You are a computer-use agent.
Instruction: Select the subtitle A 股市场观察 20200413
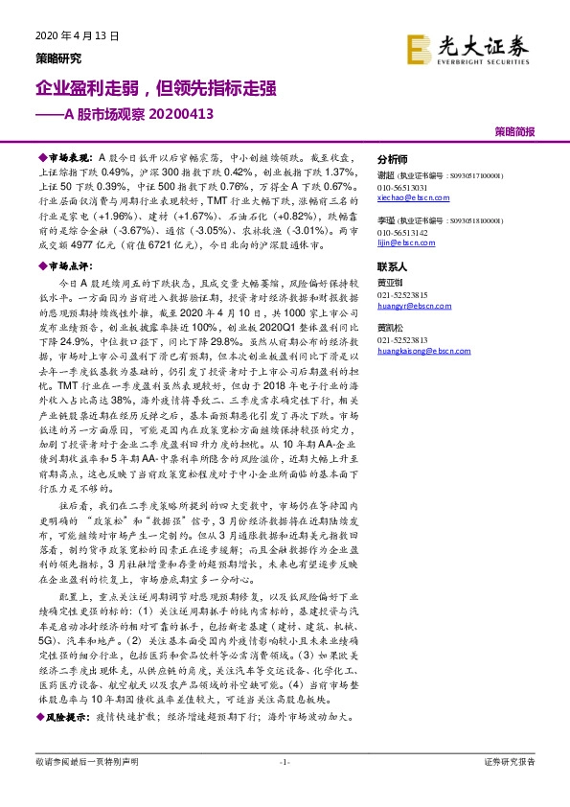(x=125, y=115)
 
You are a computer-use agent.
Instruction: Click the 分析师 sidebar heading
(x=393, y=159)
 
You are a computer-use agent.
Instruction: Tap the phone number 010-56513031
(x=402, y=188)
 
